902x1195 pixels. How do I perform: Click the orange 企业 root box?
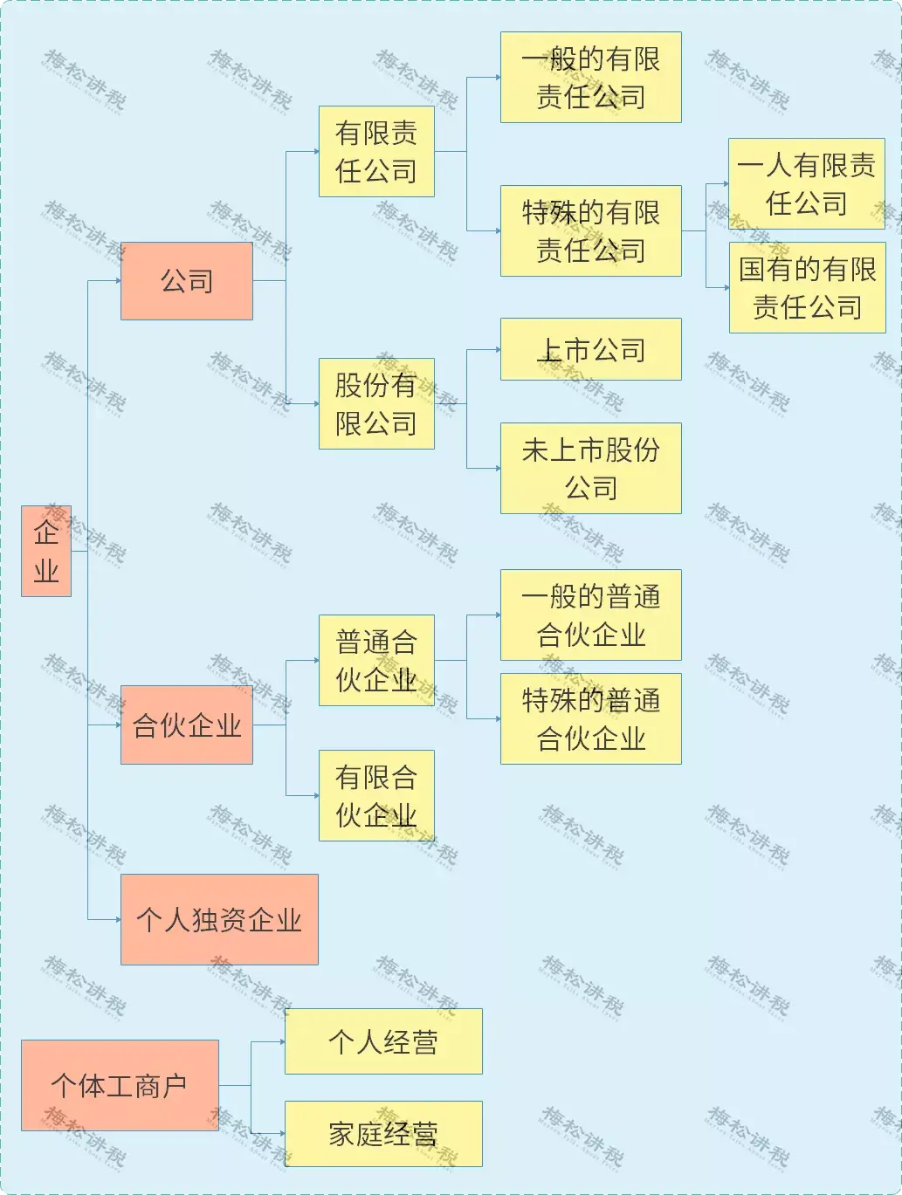pyautogui.click(x=46, y=551)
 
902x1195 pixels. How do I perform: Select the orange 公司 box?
pyautogui.click(x=187, y=281)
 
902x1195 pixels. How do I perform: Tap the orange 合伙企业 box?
pyautogui.click(x=187, y=725)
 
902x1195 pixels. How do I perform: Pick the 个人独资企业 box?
pyautogui.click(x=219, y=919)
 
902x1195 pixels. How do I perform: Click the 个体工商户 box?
pyautogui.click(x=120, y=1085)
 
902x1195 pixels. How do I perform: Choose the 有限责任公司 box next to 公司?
pyautogui.click(x=376, y=151)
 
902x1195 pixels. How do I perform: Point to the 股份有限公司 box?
pyautogui.click(x=376, y=403)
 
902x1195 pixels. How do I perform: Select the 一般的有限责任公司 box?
pyautogui.click(x=590, y=78)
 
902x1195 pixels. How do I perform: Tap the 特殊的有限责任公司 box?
pyautogui.click(x=590, y=230)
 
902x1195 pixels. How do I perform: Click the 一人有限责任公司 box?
pyautogui.click(x=807, y=183)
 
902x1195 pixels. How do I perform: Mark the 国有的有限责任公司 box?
pyautogui.click(x=807, y=287)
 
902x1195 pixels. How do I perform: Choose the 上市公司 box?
pyautogui.click(x=590, y=349)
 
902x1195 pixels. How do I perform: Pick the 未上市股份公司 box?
pyautogui.click(x=590, y=468)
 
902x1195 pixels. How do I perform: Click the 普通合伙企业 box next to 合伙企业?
pyautogui.click(x=376, y=660)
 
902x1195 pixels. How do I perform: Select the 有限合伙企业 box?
pyautogui.click(x=376, y=795)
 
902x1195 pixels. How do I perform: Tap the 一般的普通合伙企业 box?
pyautogui.click(x=590, y=615)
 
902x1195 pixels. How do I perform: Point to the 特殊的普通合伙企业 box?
pyautogui.click(x=590, y=718)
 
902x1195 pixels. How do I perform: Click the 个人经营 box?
pyautogui.click(x=383, y=1041)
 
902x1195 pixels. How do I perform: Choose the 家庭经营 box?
pyautogui.click(x=383, y=1133)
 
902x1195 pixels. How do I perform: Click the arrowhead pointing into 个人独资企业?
pyautogui.click(x=117, y=919)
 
